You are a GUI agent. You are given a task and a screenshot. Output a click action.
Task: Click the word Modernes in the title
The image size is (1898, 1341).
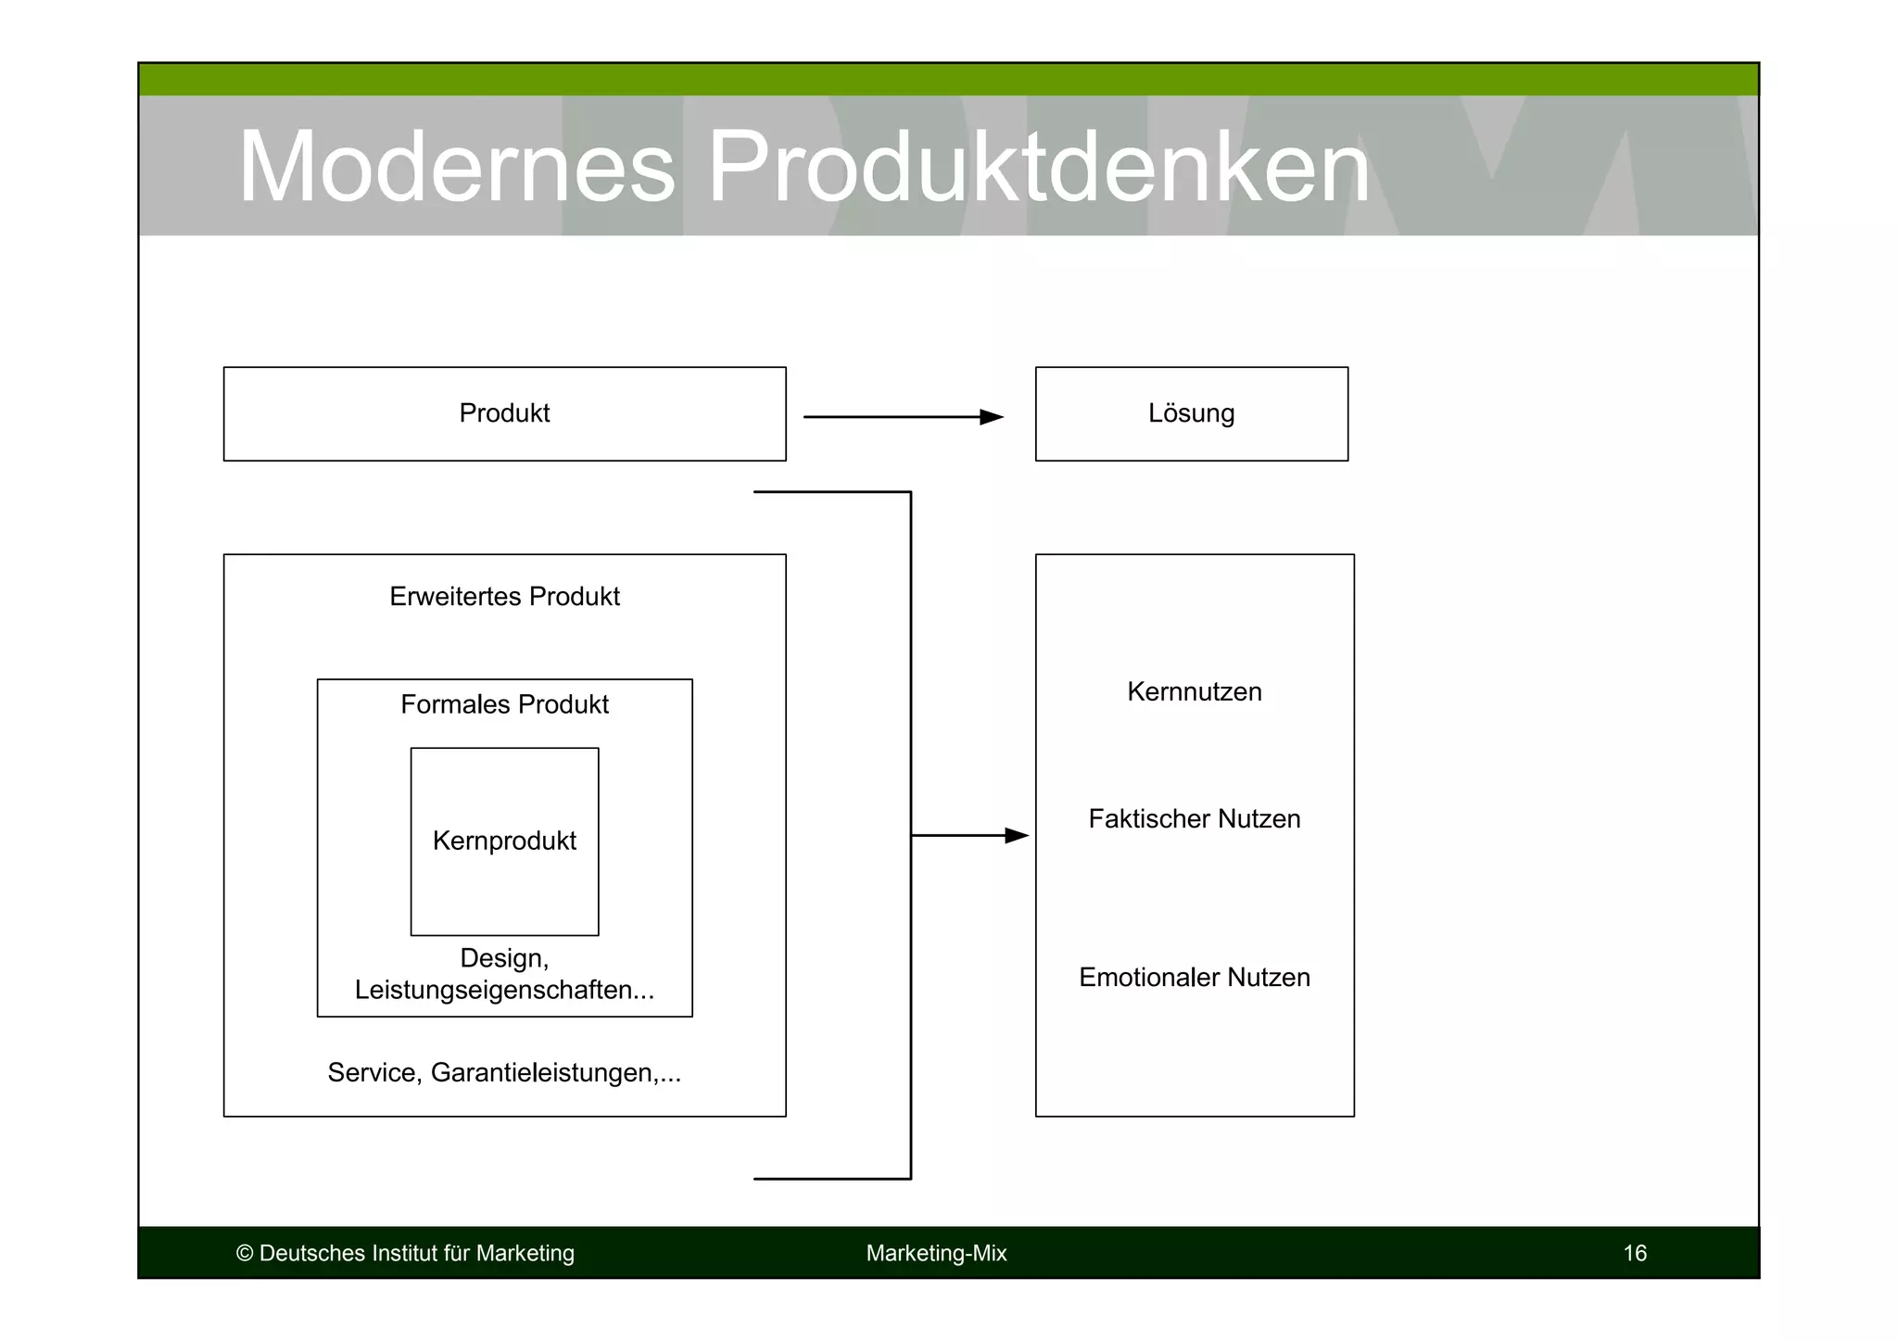coord(456,168)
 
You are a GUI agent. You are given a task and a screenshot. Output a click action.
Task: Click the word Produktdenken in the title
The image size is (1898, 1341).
coord(1038,168)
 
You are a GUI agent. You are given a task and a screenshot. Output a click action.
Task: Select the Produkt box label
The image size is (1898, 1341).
coord(504,413)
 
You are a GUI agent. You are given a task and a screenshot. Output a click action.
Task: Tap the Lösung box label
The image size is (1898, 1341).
coord(1191,413)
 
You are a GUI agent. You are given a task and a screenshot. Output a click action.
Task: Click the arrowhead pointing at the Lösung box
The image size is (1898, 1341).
coord(992,417)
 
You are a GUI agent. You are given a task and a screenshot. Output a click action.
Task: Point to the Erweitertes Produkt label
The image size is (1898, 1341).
coord(504,597)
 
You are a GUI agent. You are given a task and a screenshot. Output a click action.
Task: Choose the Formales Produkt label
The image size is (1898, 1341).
coord(504,705)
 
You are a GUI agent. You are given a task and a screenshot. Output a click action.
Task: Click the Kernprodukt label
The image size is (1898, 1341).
coord(504,841)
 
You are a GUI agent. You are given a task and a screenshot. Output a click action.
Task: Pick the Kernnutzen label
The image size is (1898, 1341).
coord(1194,692)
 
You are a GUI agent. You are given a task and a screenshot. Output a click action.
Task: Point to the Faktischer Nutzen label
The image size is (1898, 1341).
coord(1194,819)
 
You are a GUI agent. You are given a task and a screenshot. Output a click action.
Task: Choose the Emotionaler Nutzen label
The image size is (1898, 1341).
coord(1194,978)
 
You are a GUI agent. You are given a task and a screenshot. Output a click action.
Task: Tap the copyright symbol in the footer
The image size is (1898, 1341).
coord(245,1254)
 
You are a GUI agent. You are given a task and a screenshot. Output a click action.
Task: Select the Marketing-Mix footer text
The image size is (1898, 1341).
coord(936,1254)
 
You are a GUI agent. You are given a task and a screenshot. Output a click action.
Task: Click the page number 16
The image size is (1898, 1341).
coord(1635,1254)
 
